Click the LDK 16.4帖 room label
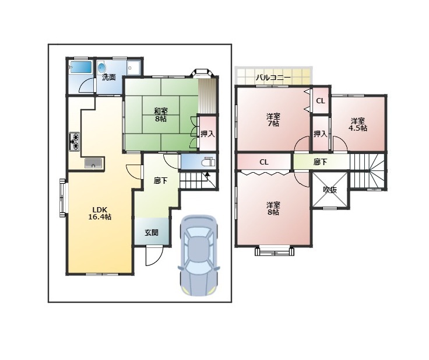pyautogui.click(x=100, y=214)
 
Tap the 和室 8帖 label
pyautogui.click(x=161, y=115)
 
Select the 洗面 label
pyautogui.click(x=109, y=77)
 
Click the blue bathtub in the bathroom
pyautogui.click(x=81, y=67)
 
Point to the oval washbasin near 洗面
pyautogui.click(x=102, y=68)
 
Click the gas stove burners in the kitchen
pyautogui.click(x=75, y=142)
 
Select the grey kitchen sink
pyautogui.click(x=93, y=163)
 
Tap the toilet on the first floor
pyautogui.click(x=209, y=162)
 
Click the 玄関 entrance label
pyautogui.click(x=152, y=233)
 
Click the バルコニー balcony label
pyautogui.click(x=273, y=77)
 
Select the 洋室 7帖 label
pyautogui.click(x=273, y=120)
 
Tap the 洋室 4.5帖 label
pyautogui.click(x=358, y=124)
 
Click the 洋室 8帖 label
pyautogui.click(x=273, y=208)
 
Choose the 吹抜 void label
pyautogui.click(x=330, y=190)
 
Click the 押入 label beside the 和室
pyautogui.click(x=208, y=134)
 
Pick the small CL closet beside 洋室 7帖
pyautogui.click(x=321, y=101)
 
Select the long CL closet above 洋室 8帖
pyautogui.click(x=264, y=162)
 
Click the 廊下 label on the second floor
pyautogui.click(x=320, y=162)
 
